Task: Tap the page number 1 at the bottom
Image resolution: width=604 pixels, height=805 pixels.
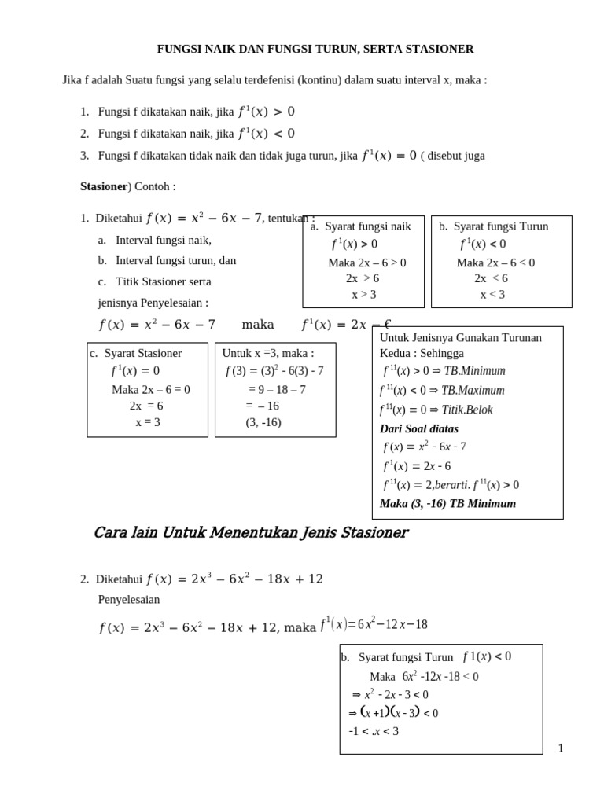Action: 561,748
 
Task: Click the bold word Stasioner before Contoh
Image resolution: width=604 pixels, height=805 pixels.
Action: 104,186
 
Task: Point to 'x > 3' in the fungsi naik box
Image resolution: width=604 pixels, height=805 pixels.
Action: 363,295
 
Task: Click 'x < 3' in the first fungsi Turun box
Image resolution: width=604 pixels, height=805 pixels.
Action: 492,295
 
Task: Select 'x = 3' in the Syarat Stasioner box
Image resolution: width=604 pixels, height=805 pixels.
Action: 147,421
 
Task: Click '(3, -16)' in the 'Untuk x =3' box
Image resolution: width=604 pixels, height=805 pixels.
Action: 263,422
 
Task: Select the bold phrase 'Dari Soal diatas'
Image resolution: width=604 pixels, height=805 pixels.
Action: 418,428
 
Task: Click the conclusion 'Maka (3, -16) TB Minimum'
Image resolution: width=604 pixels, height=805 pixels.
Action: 447,503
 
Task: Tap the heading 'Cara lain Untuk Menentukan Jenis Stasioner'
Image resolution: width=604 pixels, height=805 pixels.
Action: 250,533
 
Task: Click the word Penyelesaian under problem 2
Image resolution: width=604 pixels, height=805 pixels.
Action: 129,599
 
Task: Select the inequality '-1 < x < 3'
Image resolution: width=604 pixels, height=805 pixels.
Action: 374,731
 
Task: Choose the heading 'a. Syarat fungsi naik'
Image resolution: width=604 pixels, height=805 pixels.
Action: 361,226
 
